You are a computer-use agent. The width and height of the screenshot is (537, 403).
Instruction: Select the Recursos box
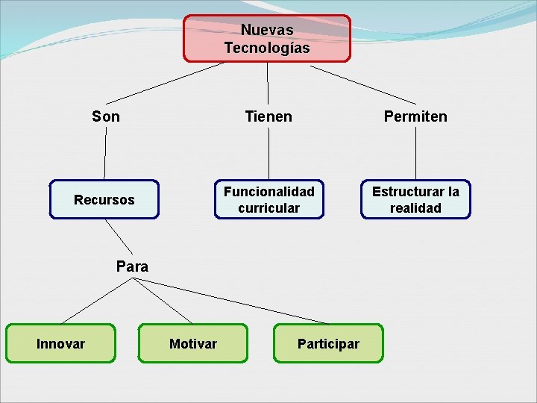coord(104,199)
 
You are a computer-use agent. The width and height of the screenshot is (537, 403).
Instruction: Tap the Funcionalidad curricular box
coord(269,199)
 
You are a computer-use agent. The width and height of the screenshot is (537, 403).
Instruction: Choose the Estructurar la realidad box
coord(415,199)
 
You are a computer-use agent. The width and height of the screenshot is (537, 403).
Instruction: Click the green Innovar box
coord(60,343)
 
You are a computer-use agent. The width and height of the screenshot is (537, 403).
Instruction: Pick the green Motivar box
coord(192,343)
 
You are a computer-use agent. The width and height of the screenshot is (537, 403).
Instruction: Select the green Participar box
coord(327,343)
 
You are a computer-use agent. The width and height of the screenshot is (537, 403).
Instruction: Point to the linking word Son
coord(105,116)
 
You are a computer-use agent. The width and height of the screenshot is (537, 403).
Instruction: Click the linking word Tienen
coord(268,116)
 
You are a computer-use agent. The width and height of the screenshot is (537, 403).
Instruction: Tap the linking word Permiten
coord(415,116)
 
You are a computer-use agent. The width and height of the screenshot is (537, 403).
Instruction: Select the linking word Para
coord(132,266)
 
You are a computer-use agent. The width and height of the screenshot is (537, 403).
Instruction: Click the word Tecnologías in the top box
coord(267,49)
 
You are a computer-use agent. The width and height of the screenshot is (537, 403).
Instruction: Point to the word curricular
coord(269,208)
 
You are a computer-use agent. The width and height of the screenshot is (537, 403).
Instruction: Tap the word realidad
coord(415,208)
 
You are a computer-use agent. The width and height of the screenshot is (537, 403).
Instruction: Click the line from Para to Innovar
coord(97,300)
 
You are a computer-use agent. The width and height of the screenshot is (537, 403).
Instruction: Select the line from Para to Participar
coord(231,301)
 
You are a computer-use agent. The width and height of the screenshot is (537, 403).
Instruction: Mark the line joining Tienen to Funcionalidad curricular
coord(268,153)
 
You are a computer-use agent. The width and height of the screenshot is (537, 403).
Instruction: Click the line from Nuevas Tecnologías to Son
coord(164,82)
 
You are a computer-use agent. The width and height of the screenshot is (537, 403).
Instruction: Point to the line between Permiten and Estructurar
coord(415,153)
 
